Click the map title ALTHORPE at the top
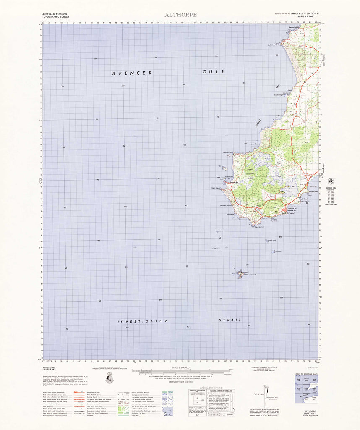[180, 15]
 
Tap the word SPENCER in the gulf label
[132, 73]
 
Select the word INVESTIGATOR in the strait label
[142, 321]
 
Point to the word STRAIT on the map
[230, 320]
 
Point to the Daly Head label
[271, 45]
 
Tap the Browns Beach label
[254, 144]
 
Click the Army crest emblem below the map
[110, 379]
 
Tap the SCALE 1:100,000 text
[180, 367]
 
